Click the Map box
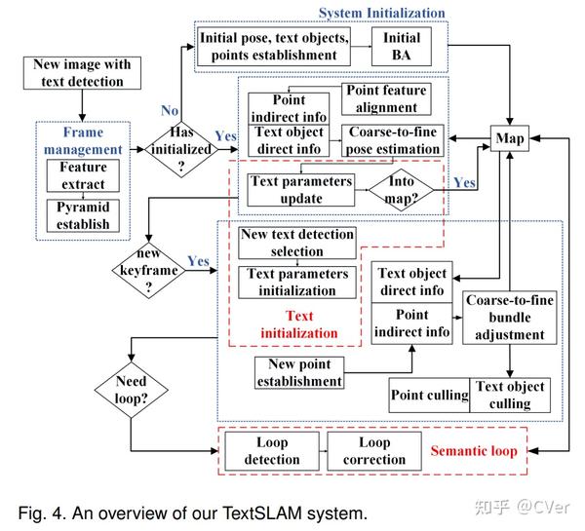click(509, 138)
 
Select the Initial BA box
click(402, 47)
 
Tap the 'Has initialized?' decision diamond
click(181, 149)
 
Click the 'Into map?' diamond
click(401, 190)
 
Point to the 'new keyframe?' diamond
click(148, 270)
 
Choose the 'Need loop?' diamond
click(131, 390)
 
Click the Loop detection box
click(272, 451)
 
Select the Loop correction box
click(374, 451)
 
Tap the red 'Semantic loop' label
click(474, 451)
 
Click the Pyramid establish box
click(83, 216)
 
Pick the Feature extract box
click(83, 175)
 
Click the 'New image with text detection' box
click(82, 73)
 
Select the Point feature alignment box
click(386, 99)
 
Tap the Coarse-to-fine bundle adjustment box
click(510, 318)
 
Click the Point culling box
click(429, 396)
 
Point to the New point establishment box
click(299, 373)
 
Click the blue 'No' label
click(170, 111)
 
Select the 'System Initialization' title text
click(381, 13)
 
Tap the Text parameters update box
click(301, 190)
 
